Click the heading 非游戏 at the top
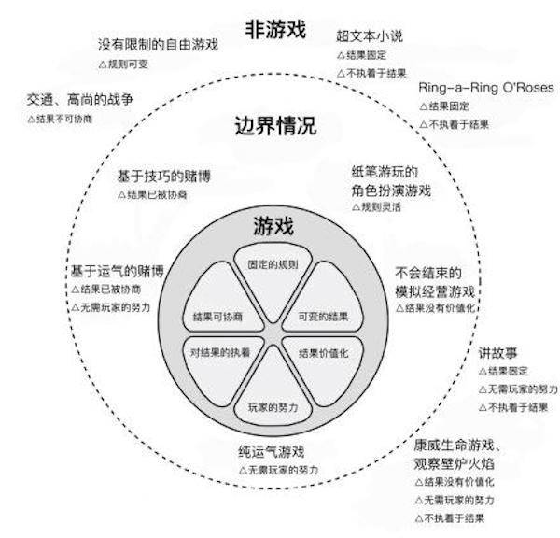pos(275,29)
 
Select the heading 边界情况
pos(275,125)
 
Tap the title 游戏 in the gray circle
pos(273,226)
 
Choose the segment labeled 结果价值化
pos(324,369)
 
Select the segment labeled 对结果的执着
pos(221,369)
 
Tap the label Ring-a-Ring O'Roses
pos(486,88)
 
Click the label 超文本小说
pos(370,36)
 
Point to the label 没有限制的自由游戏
pos(158,45)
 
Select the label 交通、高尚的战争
pos(80,99)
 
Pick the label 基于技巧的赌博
pos(164,177)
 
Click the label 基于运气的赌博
pos(118,271)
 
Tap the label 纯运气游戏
pos(272,452)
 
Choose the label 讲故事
pos(497,353)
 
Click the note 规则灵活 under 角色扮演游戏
pos(376,207)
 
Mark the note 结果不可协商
pos(60,119)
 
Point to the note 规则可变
pos(123,64)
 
